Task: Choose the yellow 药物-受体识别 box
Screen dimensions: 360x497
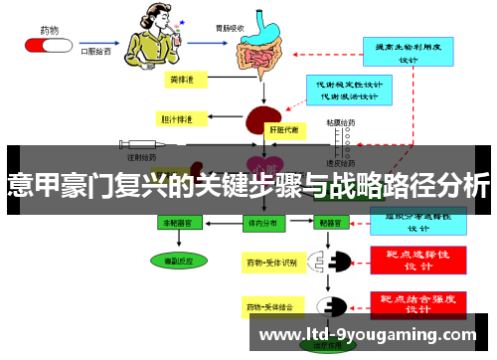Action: [x=271, y=263]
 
